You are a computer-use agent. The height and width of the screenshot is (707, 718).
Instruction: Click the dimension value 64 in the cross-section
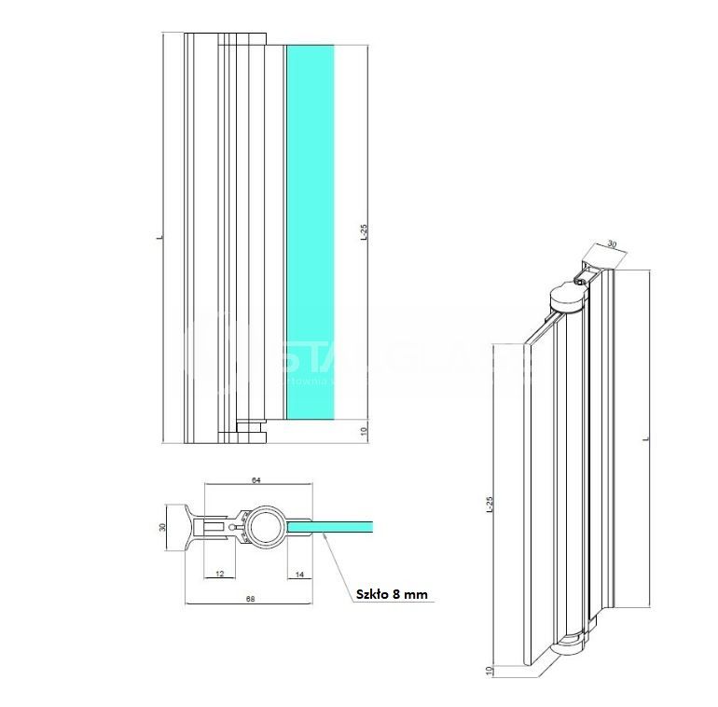(x=256, y=480)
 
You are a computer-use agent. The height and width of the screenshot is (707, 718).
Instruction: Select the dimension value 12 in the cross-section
(x=219, y=574)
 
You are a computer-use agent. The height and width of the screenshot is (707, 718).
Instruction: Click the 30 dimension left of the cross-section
(x=162, y=528)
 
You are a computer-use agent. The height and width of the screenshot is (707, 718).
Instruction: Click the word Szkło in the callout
(x=373, y=593)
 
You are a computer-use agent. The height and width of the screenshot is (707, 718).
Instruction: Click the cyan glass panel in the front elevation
(x=309, y=233)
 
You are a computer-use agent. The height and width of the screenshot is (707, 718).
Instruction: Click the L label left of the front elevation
(x=160, y=239)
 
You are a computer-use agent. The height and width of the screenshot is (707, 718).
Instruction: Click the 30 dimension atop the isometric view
(x=612, y=244)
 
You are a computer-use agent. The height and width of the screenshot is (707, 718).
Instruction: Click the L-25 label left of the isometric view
(x=490, y=507)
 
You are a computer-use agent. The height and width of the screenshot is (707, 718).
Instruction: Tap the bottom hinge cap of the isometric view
(x=571, y=645)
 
